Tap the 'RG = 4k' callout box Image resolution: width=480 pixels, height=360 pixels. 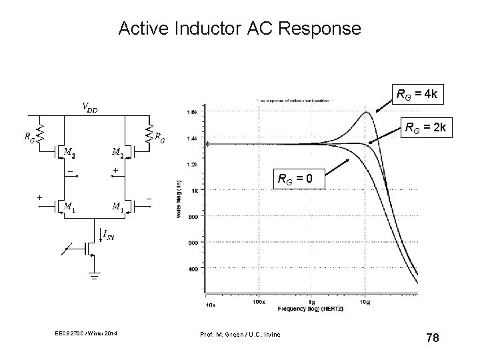pos(417,95)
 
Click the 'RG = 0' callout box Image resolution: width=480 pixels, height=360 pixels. pos(302,178)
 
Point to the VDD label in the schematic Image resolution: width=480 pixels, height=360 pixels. pos(89,107)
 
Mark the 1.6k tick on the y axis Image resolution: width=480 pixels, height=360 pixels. pos(191,112)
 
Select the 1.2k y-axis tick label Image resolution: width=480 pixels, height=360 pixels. pos(191,163)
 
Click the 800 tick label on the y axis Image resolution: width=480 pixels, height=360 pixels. pos(192,217)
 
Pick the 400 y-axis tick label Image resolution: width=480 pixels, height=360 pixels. pos(192,269)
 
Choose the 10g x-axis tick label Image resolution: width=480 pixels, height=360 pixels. pos(366,301)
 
